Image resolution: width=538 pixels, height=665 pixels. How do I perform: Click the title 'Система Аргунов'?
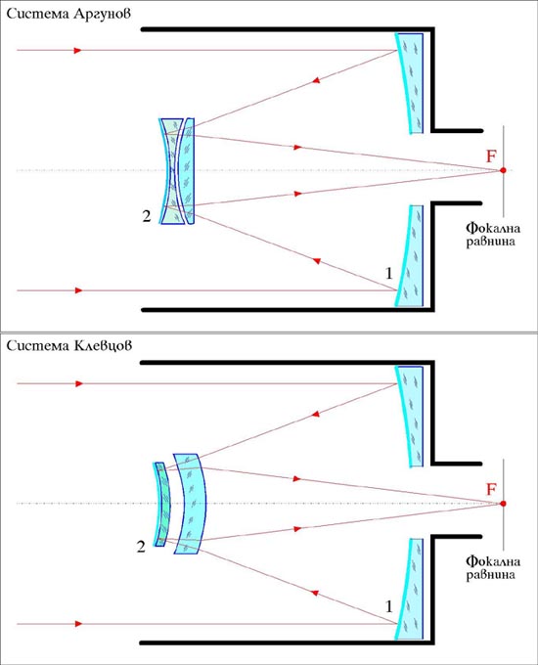pyautogui.click(x=68, y=14)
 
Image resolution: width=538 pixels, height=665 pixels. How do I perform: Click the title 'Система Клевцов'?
pyautogui.click(x=68, y=345)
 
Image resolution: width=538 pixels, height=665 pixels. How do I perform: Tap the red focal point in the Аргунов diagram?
pyautogui.click(x=503, y=170)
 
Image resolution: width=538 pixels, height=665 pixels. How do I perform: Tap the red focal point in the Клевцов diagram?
pyautogui.click(x=503, y=504)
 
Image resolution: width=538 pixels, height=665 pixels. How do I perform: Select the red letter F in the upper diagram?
pyautogui.click(x=491, y=156)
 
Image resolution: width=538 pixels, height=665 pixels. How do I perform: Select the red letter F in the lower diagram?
pyautogui.click(x=491, y=489)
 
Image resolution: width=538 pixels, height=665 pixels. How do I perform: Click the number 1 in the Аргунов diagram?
pyautogui.click(x=388, y=274)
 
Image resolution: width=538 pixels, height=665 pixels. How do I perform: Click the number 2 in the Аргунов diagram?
pyautogui.click(x=147, y=216)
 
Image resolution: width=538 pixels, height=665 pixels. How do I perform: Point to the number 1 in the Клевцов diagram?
pyautogui.click(x=388, y=607)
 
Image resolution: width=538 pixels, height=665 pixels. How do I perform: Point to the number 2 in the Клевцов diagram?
pyautogui.click(x=141, y=547)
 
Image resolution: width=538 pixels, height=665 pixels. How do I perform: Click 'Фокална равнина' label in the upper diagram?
pyautogui.click(x=493, y=235)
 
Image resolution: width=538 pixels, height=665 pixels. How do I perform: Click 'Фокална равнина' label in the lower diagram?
pyautogui.click(x=493, y=568)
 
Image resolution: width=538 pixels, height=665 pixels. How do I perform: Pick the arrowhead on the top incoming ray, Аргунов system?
pyautogui.click(x=77, y=51)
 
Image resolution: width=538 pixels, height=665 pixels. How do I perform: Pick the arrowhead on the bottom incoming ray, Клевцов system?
pyautogui.click(x=78, y=624)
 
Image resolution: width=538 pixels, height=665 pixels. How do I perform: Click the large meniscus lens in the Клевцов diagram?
pyautogui.click(x=192, y=504)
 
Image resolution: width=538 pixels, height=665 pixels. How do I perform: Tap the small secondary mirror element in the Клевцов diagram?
pyautogui.click(x=162, y=504)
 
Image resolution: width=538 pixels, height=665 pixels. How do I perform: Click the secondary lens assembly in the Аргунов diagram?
pyautogui.click(x=177, y=171)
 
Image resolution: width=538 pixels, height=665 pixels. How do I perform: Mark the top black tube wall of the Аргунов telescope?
pyautogui.click(x=289, y=29)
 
